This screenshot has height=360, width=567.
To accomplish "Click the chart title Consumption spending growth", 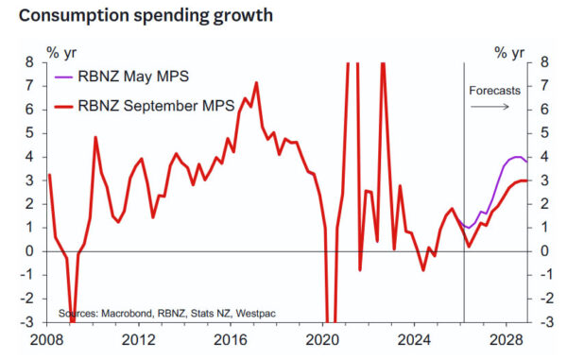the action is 146,16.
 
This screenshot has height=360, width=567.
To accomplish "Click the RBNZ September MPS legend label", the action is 156,106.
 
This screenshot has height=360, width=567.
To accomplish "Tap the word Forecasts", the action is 494,91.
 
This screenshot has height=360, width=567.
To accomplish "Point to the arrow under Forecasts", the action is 490,106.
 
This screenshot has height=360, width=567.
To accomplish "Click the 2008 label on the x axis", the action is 46,340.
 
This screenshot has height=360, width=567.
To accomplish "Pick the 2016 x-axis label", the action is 231,340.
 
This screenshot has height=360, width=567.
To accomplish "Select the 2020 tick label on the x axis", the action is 322,340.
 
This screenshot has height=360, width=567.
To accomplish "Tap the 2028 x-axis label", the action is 507,340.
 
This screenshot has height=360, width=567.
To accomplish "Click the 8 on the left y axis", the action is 29,62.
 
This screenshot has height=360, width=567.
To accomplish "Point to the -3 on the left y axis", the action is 26,321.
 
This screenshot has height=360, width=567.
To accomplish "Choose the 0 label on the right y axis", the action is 544,250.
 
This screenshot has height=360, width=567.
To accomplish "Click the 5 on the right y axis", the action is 544,133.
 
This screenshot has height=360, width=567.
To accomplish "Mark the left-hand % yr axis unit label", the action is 61,53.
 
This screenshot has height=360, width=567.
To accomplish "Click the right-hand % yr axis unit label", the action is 509,53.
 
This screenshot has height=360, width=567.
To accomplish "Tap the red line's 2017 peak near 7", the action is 256,83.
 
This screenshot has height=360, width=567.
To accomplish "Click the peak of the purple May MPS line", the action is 517,157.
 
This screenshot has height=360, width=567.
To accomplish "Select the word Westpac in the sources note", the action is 256,313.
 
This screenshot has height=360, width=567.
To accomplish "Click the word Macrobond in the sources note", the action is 127,313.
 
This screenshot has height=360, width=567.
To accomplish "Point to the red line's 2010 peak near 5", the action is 95,137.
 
